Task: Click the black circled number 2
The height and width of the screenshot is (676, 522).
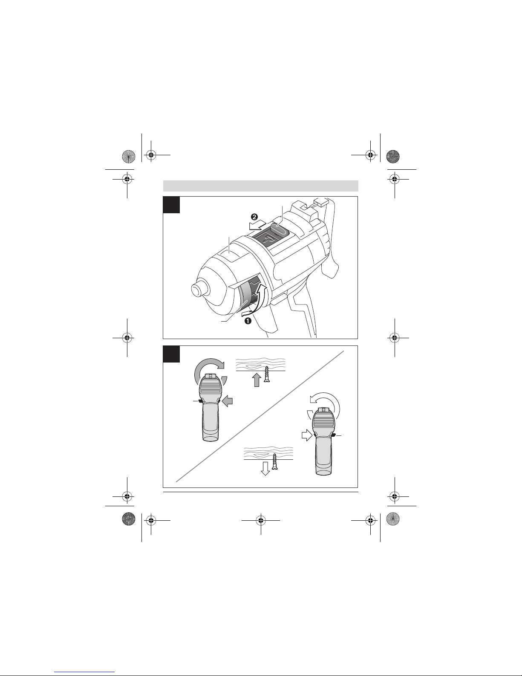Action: [x=254, y=217]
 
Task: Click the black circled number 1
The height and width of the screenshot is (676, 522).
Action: [x=248, y=321]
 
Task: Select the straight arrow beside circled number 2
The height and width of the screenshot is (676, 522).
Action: [x=257, y=225]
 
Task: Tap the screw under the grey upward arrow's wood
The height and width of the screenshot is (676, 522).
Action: [x=266, y=374]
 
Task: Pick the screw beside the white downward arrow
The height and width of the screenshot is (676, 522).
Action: [x=274, y=461]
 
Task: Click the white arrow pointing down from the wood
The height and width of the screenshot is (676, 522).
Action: [x=265, y=468]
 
